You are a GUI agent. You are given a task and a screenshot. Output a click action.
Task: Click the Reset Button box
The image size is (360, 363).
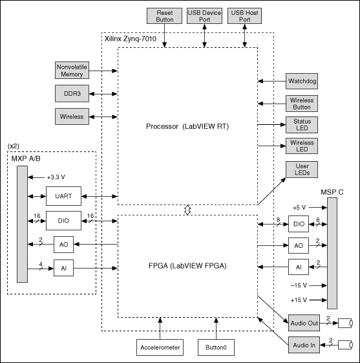[x=164, y=16]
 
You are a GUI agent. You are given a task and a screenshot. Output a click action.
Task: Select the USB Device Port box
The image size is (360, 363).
[x=204, y=16]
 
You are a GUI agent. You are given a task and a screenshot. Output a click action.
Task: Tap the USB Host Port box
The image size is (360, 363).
[x=244, y=16]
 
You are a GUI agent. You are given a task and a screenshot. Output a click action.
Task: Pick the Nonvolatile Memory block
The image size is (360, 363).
[x=72, y=70]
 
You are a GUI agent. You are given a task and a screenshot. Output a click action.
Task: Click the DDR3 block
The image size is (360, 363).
[x=72, y=94]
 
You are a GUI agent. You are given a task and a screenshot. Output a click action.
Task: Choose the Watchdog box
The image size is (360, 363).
[x=302, y=82]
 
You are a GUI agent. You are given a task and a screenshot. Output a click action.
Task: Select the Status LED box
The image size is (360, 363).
[x=302, y=125]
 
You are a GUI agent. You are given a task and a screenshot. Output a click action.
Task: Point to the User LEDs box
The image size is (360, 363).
[x=302, y=170]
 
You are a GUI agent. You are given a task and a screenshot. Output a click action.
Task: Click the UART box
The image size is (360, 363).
[x=63, y=196]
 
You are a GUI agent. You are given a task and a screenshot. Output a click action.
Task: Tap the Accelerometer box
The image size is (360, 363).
[x=160, y=347]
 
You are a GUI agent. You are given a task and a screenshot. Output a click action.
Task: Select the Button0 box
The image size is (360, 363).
[x=216, y=347]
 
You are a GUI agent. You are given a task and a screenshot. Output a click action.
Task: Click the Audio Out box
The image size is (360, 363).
[x=304, y=323]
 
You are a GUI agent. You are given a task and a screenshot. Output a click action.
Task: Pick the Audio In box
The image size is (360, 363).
[x=304, y=345]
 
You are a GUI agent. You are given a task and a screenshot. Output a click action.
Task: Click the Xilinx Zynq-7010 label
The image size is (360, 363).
[x=131, y=39]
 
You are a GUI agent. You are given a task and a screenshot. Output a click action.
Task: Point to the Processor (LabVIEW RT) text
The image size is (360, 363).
[x=187, y=126]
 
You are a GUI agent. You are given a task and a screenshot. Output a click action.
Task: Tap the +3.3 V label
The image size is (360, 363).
[x=56, y=177]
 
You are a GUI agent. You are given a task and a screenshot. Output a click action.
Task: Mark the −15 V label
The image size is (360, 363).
[x=299, y=285]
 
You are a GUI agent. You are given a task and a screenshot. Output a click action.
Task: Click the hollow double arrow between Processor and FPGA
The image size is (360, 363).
[x=187, y=210]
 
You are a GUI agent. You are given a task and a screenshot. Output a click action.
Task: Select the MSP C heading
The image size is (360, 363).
[x=332, y=192]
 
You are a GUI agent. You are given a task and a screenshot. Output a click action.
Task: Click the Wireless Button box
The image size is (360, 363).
[x=302, y=104]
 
